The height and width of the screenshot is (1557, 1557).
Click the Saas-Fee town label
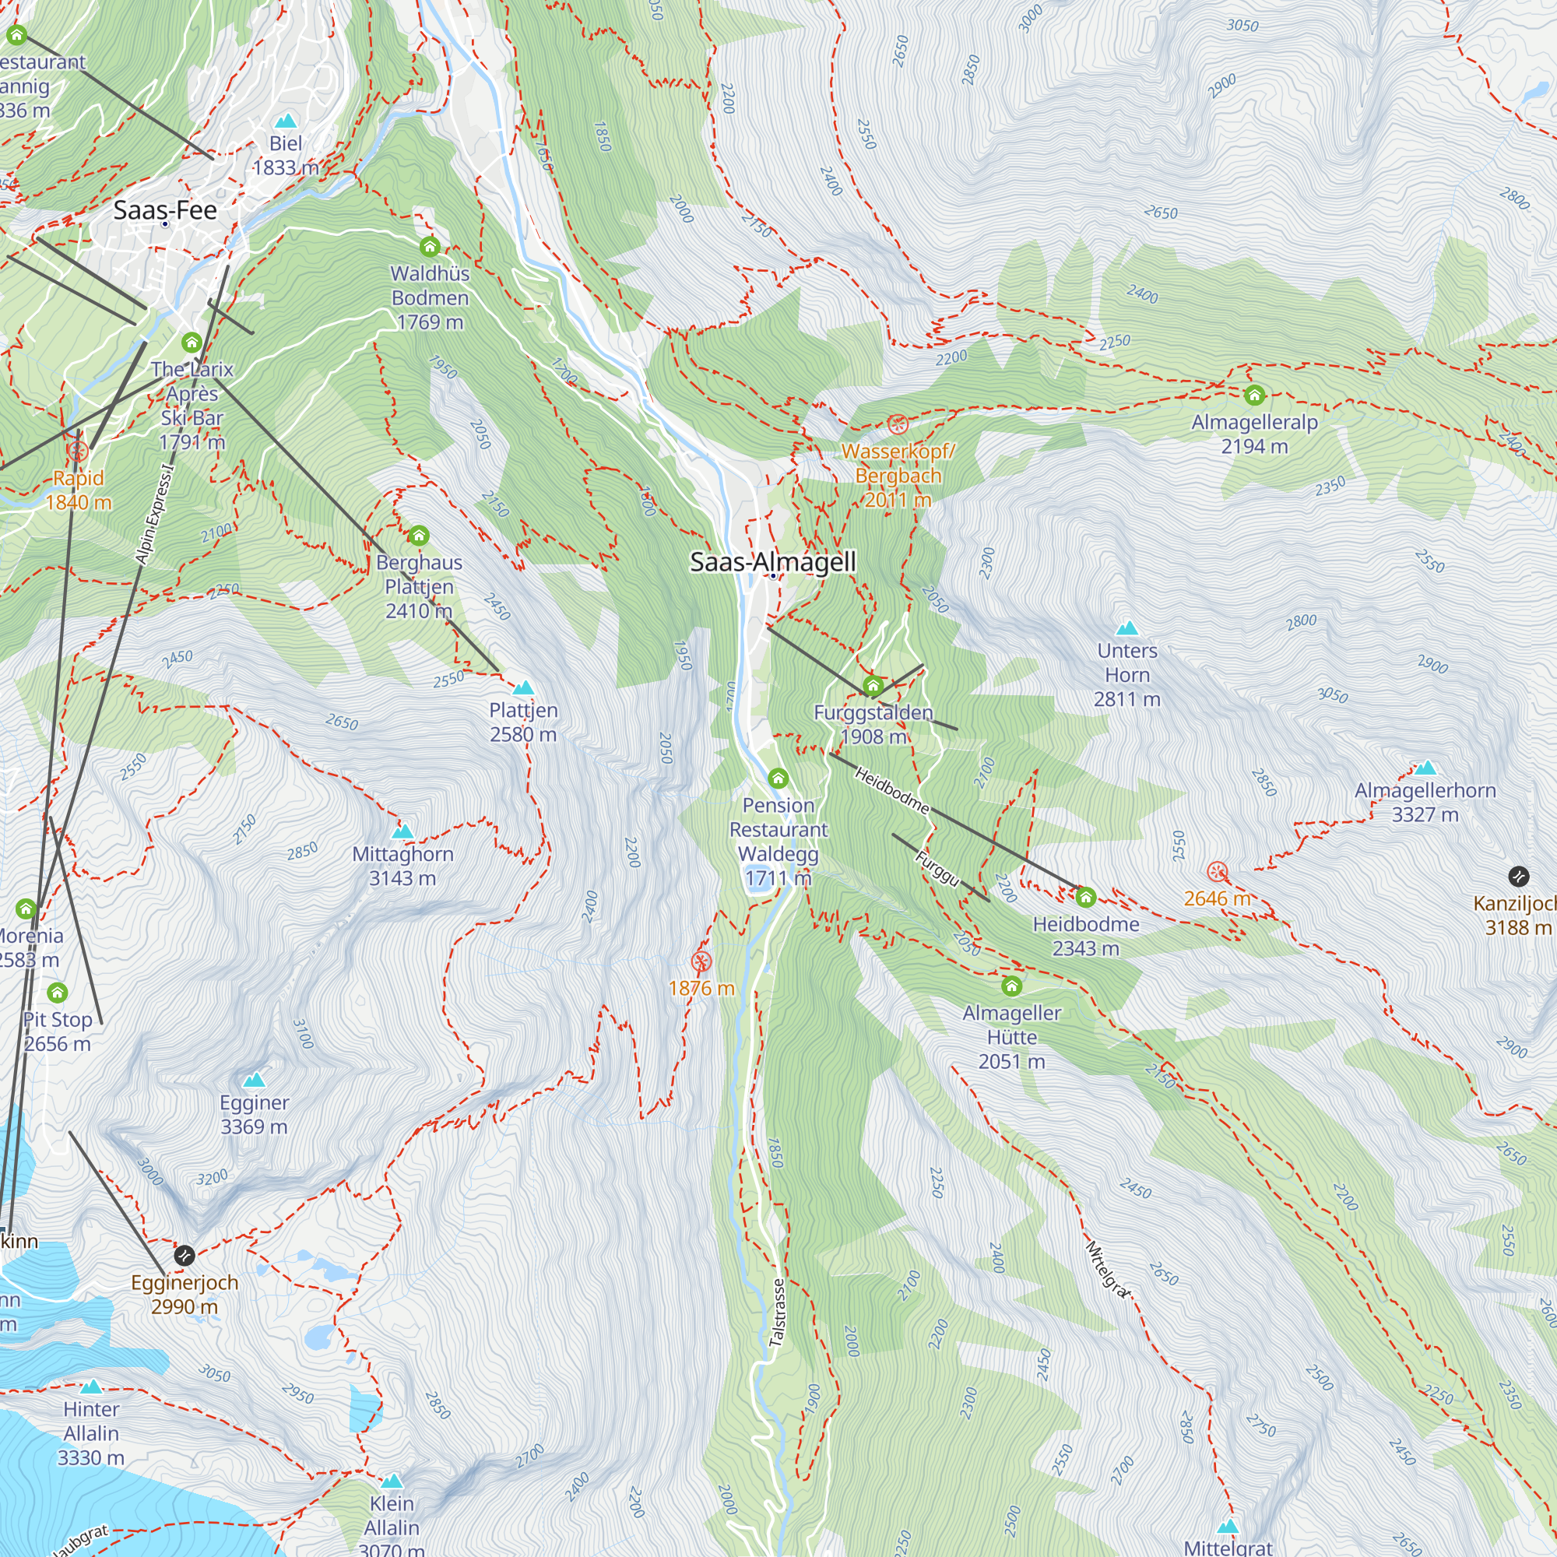165,210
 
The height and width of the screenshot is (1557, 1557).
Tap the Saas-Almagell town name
772,562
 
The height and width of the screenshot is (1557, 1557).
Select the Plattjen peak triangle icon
523,687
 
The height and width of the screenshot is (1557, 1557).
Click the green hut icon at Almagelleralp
1254,395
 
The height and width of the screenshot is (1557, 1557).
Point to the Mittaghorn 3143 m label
402,866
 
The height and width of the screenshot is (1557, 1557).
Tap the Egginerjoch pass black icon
184,1255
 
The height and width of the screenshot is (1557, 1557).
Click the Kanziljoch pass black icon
1518,876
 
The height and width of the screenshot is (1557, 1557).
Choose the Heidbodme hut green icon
1085,897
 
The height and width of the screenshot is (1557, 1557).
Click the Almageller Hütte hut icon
1011,986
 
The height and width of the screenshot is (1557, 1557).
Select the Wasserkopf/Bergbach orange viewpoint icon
897,425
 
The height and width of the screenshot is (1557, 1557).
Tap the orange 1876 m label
701,988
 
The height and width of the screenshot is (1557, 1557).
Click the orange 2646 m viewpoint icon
1217,872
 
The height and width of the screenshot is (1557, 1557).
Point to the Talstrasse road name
777,1313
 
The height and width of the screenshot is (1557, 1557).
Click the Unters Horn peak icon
1126,627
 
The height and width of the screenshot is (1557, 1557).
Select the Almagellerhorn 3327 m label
1424,802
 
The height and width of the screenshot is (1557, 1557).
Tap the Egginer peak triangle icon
254,1080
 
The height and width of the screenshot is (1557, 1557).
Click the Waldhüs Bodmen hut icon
430,247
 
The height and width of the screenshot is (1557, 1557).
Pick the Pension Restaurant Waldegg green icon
778,778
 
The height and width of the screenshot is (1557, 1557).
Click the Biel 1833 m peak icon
285,121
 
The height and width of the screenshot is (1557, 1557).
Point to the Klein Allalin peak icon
392,1481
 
